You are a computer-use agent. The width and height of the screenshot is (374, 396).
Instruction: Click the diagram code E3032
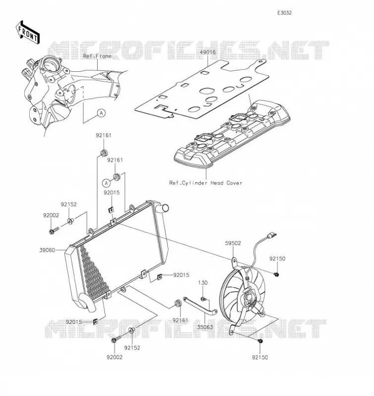284,13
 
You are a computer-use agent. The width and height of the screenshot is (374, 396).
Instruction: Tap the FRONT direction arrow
28,33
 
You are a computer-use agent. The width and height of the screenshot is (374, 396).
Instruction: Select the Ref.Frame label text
97,56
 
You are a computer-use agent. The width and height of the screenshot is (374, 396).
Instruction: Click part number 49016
208,52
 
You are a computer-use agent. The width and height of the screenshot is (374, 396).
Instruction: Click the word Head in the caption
217,183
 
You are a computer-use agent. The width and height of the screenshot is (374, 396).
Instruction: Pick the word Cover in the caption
234,183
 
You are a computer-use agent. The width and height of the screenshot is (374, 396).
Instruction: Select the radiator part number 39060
47,250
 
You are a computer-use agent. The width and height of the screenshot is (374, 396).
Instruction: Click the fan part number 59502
233,243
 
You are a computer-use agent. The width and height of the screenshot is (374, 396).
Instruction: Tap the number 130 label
203,283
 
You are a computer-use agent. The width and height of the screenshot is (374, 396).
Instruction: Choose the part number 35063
205,327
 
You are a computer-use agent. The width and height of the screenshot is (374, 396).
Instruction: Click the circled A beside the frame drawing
102,113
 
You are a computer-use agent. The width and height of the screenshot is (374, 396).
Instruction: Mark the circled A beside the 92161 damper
107,183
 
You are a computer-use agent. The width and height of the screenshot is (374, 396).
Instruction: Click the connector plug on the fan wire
271,236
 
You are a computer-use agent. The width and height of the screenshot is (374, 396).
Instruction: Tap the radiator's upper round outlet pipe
162,208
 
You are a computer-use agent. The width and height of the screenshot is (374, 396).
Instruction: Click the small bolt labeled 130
203,299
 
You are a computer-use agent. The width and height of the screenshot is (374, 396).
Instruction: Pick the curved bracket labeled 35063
200,305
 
